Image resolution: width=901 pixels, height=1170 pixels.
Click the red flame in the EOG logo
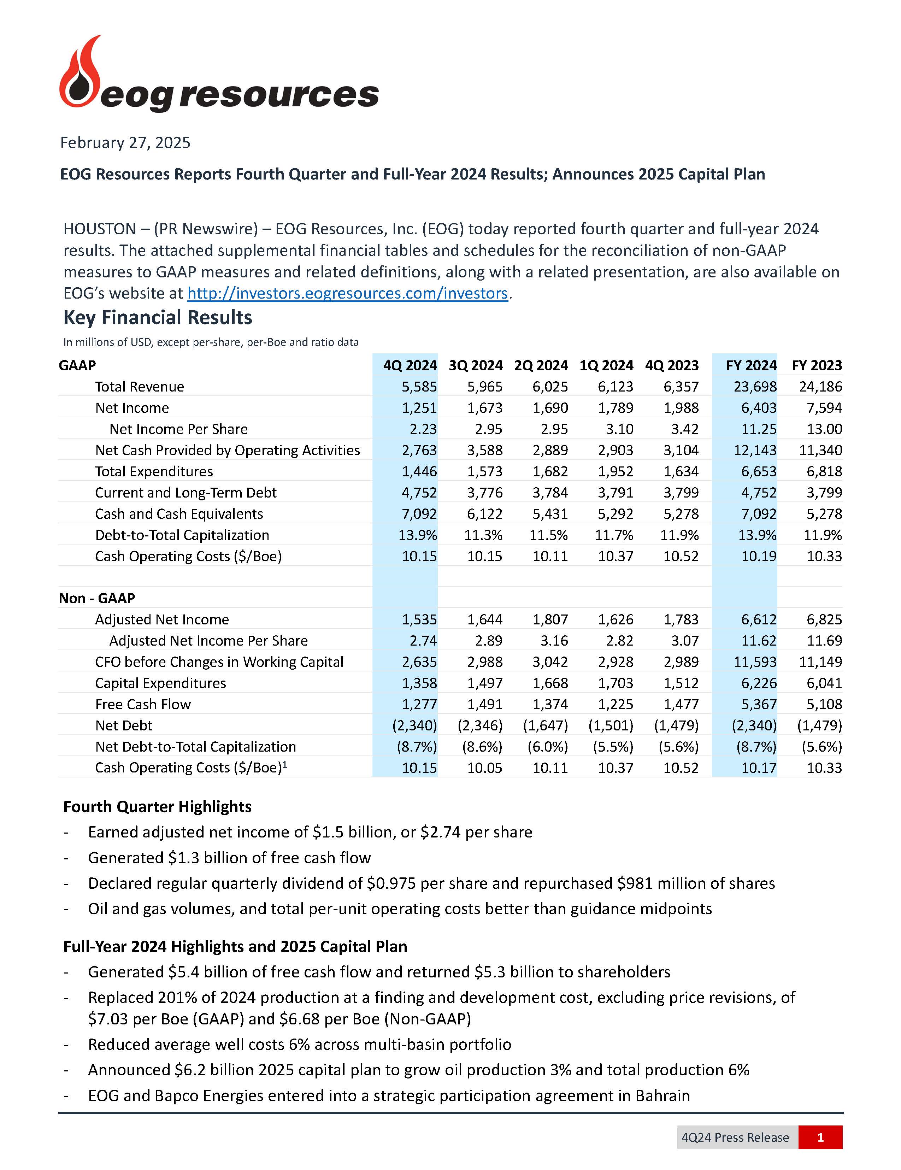pos(80,75)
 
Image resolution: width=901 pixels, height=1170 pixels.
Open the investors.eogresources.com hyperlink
pos(347,294)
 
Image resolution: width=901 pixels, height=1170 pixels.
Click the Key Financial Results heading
pos(158,318)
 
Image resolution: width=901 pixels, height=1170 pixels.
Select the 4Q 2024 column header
pos(410,365)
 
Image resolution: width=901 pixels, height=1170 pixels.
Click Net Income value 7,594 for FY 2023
pos(824,408)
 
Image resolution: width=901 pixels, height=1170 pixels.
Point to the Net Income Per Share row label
pos(178,429)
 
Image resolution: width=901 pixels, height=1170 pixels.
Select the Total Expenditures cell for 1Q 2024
pos(616,471)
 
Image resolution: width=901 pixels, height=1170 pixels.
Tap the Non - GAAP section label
pos(97,598)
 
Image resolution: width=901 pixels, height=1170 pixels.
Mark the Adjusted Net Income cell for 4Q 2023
pos(681,620)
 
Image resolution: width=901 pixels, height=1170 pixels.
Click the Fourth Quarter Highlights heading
pos(157,807)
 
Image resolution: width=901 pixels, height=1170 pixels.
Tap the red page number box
pos(820,1137)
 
